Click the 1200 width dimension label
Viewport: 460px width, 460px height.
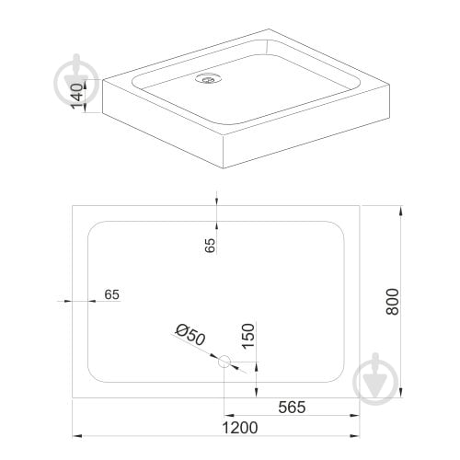tap(239, 428)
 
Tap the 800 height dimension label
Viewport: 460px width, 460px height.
tap(393, 302)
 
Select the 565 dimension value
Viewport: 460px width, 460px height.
tap(292, 408)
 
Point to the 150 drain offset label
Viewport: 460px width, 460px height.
tap(248, 336)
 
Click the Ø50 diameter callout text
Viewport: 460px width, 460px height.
tap(190, 335)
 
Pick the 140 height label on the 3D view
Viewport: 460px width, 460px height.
tap(76, 96)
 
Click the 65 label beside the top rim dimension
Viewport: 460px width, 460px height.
tap(210, 245)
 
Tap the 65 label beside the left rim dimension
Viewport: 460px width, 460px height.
tap(111, 294)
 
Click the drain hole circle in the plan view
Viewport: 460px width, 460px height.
tap(224, 362)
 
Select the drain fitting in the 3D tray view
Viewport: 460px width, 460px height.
tap(208, 78)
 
